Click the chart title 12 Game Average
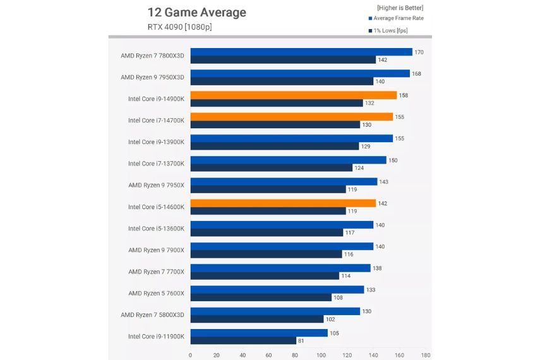click(196, 13)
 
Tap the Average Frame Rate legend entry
click(398, 18)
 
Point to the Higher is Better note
click(400, 8)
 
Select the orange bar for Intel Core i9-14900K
click(294, 95)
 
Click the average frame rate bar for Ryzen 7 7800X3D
click(301, 52)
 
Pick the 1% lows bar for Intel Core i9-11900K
click(243, 340)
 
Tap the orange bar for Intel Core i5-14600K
click(283, 203)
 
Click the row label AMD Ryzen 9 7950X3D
click(152, 77)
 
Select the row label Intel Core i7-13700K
click(156, 164)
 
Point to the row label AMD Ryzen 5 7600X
click(156, 293)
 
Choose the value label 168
click(417, 73)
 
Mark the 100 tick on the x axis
click(321, 355)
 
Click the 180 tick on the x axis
click(426, 355)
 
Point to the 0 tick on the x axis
click(191, 355)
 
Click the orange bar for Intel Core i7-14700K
click(292, 117)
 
